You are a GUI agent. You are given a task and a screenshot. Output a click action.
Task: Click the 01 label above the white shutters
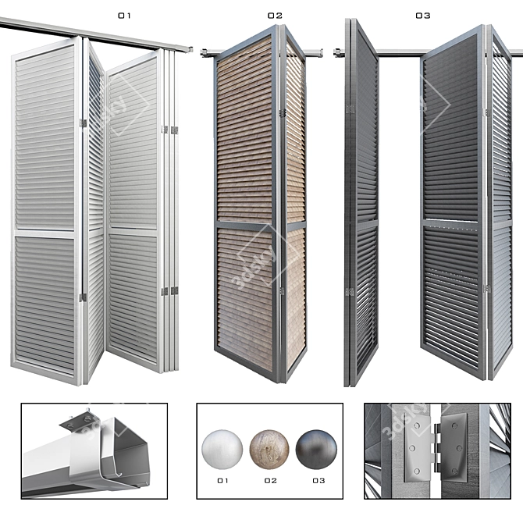[x=124, y=16]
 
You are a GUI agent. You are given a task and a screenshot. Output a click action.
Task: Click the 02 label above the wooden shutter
[x=275, y=16]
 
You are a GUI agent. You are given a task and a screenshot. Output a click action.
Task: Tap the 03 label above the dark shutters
[x=423, y=16]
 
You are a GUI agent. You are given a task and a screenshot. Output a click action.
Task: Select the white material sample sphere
[x=222, y=450]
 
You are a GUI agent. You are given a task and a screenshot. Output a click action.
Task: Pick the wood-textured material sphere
[x=269, y=450]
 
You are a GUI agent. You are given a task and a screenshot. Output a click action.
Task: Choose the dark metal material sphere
[x=316, y=450]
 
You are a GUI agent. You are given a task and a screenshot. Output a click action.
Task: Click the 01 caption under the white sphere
[x=222, y=481]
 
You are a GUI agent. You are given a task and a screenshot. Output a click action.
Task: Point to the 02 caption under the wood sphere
[x=271, y=481]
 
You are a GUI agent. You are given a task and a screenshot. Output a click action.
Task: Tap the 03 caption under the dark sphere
[x=318, y=481]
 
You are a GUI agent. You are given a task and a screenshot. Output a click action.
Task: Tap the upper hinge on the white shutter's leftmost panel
[x=83, y=123]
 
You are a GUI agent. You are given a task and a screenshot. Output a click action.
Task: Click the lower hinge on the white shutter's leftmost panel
[x=83, y=297]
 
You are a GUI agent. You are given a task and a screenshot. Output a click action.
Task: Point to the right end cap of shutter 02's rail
[x=320, y=52]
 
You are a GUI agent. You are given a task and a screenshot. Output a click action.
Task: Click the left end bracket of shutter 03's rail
[x=338, y=52]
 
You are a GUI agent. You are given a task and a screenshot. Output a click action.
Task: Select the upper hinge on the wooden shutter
[x=283, y=112]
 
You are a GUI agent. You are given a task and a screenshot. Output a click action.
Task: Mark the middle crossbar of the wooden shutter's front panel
[x=244, y=225]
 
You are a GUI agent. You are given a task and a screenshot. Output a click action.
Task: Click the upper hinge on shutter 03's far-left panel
[x=350, y=109]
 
